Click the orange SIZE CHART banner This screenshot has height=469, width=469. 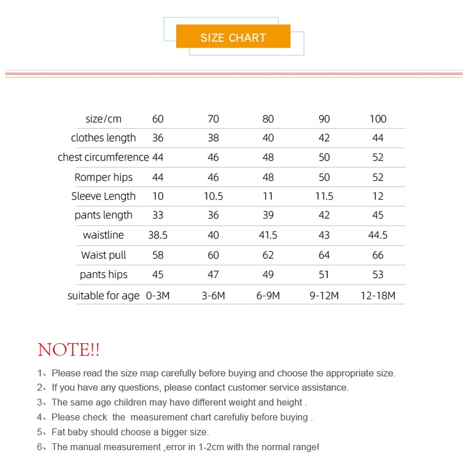click(233, 37)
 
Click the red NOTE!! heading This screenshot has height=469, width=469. click(69, 350)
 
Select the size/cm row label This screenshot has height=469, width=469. click(104, 119)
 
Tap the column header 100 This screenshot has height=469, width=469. click(378, 119)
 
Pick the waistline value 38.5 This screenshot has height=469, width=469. click(158, 235)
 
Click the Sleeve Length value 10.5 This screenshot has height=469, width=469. click(213, 196)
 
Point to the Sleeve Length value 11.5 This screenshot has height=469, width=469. click(324, 196)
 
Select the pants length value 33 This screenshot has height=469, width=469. click(158, 215)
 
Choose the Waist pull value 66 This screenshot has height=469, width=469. click(378, 255)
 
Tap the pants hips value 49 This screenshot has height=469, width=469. click(268, 275)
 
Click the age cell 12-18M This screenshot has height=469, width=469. click(378, 296)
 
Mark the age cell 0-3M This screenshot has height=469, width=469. click(158, 296)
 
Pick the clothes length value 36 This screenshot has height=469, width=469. click(158, 138)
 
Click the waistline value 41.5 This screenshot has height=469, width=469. click(268, 235)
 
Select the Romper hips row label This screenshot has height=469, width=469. click(104, 177)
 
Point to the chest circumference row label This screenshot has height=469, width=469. click(103, 158)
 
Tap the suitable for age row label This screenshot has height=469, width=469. click(104, 296)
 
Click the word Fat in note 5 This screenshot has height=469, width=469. click(59, 432)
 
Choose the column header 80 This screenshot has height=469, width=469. click(268, 119)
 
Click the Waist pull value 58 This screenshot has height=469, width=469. click(158, 255)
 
